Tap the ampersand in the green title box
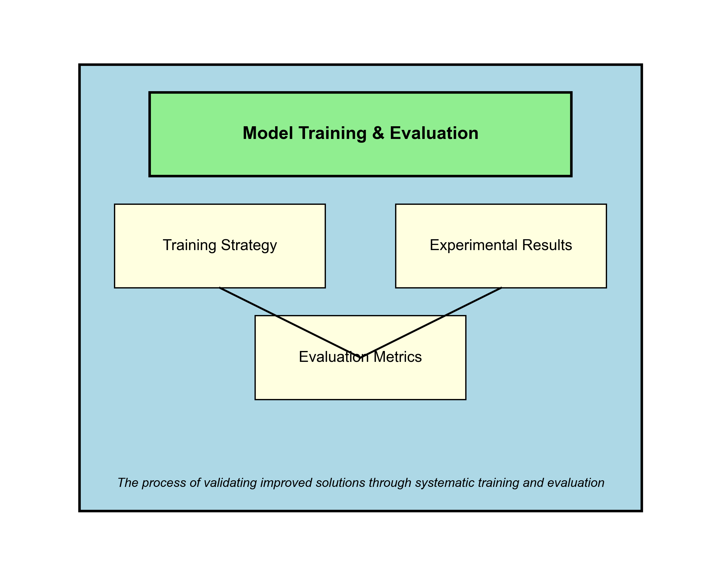click(378, 133)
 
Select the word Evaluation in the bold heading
click(434, 133)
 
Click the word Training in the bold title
click(333, 134)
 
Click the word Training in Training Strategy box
click(189, 245)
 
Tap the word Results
click(547, 245)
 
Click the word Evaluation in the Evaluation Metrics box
click(333, 357)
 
